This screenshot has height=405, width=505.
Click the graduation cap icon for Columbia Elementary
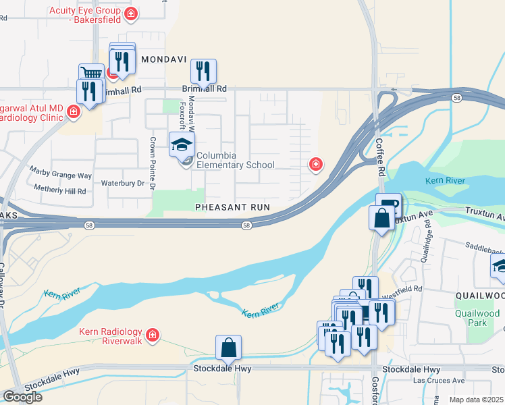[182, 144]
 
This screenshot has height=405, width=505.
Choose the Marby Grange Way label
[59, 175]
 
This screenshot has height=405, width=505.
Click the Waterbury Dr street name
[122, 183]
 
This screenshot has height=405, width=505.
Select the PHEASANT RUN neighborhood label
[232, 207]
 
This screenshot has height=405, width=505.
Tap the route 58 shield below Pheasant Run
[248, 225]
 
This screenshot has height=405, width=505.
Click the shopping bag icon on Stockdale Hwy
[229, 348]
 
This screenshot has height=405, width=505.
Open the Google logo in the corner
[22, 396]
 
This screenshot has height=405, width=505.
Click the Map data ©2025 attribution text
[477, 400]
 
